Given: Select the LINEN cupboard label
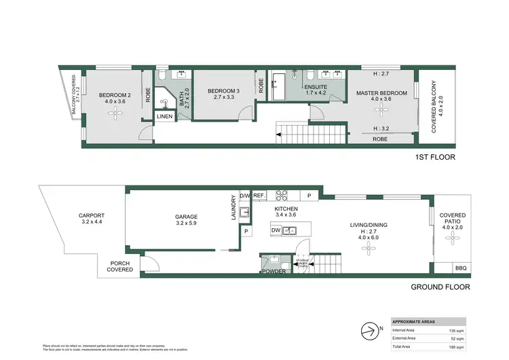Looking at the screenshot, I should tap(165, 117).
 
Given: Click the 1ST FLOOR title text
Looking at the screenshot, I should tap(435, 157).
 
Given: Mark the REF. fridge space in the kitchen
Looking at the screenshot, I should tap(259, 195).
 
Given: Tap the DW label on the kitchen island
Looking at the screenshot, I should tap(276, 231).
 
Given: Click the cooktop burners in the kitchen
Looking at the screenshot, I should tap(282, 195).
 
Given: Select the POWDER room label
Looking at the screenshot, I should tap(275, 271).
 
